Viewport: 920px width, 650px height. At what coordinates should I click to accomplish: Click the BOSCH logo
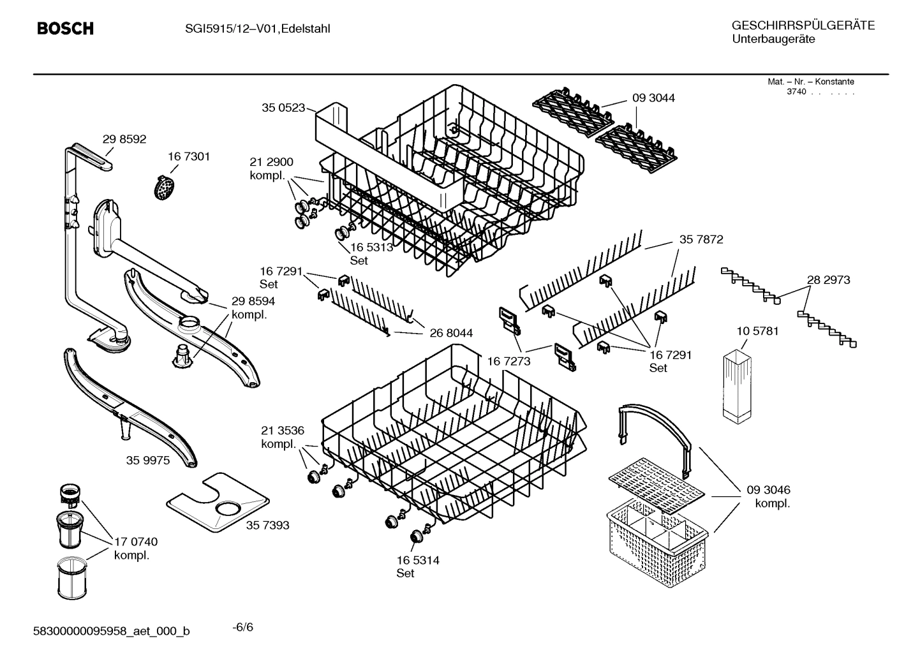pos(65,29)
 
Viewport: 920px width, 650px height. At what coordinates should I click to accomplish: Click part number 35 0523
pos(283,108)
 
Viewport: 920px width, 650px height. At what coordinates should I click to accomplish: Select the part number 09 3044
pos(653,98)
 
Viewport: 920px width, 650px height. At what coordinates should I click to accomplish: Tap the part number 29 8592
pos(124,139)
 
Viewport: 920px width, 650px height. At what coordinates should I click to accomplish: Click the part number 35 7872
pos(701,240)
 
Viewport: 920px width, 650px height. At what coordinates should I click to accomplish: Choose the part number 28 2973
pos(828,279)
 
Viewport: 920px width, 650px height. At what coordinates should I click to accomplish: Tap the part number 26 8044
pos(451,333)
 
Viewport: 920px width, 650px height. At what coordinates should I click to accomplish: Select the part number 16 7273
pos(508,362)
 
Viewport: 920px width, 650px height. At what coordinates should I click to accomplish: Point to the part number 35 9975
pos(148,460)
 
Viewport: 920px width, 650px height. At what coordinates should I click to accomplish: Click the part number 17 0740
pos(136,542)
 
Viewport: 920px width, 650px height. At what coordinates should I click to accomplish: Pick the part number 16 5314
pos(418,560)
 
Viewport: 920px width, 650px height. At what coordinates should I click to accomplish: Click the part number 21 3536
pos(283,430)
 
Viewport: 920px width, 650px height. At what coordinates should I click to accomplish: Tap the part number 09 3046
pos(769,490)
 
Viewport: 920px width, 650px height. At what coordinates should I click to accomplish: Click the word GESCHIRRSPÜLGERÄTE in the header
pos(803,26)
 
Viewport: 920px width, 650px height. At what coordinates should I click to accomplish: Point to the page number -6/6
pos(242,627)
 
